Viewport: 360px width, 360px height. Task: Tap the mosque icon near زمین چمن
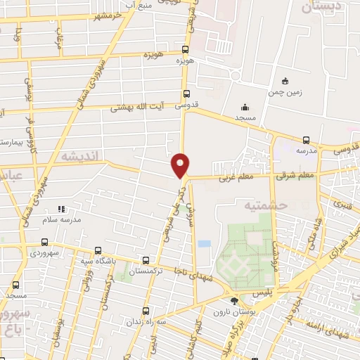(243, 107)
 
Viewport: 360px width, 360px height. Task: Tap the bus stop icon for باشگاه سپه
(96, 250)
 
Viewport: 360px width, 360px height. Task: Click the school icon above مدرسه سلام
(61, 209)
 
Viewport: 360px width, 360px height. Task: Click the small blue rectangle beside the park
(204, 243)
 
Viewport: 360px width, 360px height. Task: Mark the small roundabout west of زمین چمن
(235, 75)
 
